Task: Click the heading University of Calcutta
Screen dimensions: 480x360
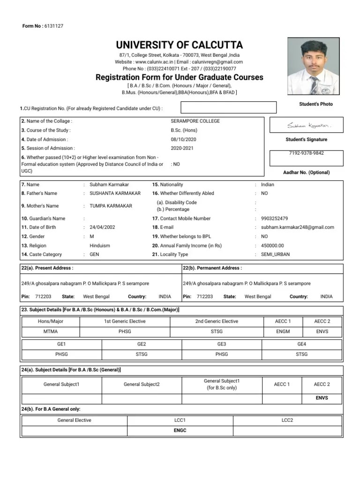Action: (180, 45)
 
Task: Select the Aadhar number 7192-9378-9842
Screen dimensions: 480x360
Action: (306, 153)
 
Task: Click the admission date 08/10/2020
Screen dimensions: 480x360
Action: (184, 139)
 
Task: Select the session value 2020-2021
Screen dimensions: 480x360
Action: (183, 148)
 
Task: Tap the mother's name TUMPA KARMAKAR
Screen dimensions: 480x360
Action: (111, 206)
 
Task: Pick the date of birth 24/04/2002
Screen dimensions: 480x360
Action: (102, 227)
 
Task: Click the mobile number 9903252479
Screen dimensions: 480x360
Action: (274, 218)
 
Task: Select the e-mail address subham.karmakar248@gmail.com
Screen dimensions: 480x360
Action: (297, 227)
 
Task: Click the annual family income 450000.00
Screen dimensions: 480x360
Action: (272, 245)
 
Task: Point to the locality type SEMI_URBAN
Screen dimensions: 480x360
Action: (275, 254)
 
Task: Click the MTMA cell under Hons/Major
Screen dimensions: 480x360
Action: (50, 331)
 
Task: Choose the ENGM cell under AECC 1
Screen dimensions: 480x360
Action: (283, 331)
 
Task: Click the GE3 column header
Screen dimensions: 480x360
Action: (222, 344)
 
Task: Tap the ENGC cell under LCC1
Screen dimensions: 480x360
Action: (180, 430)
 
